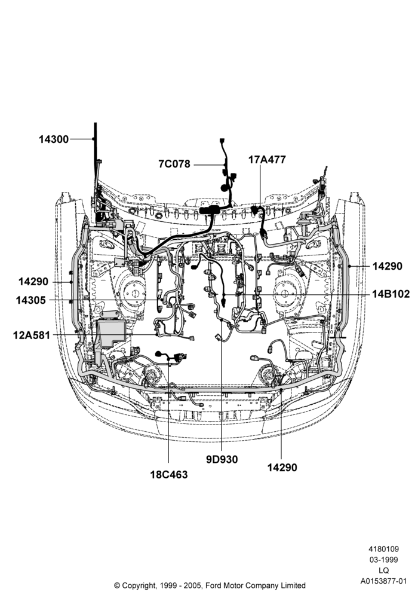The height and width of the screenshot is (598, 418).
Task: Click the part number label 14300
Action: tap(54, 139)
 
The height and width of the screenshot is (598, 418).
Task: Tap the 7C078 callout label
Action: tap(174, 164)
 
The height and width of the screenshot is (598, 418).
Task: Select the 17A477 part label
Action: tap(267, 160)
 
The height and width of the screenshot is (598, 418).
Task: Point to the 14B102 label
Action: tap(391, 294)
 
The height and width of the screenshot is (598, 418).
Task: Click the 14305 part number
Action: tap(31, 301)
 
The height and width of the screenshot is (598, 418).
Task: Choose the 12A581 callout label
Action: tap(32, 335)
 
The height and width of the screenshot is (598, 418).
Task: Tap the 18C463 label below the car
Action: tap(168, 474)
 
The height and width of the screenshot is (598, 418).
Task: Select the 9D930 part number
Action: tap(222, 459)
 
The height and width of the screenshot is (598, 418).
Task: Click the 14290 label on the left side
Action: tap(33, 282)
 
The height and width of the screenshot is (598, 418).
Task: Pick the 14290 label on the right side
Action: tap(387, 266)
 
